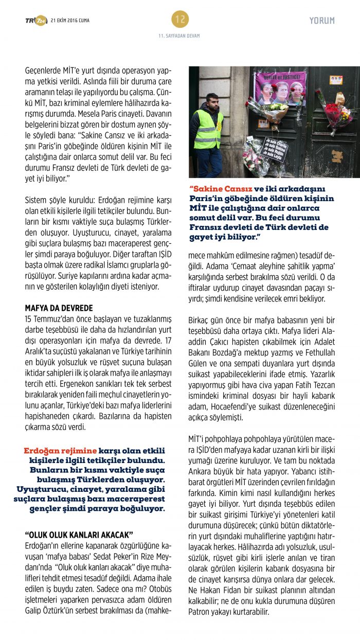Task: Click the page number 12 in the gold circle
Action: click(180, 20)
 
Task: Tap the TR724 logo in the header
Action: click(36, 21)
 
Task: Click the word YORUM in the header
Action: click(322, 21)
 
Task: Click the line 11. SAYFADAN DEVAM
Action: click(179, 36)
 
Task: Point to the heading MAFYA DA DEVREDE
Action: click(59, 308)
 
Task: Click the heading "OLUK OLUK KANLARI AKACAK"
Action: click(79, 535)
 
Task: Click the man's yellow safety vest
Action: click(209, 131)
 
